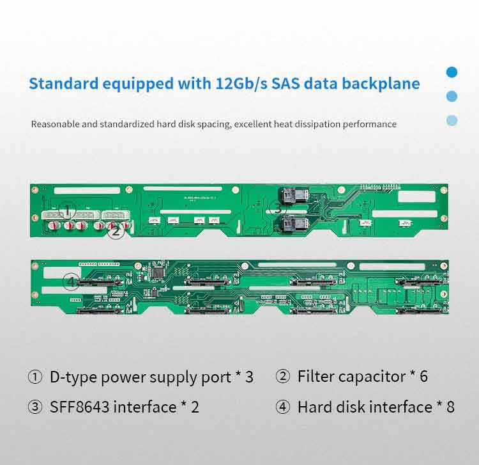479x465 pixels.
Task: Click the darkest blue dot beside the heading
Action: tap(452, 72)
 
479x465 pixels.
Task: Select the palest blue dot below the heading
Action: tap(452, 120)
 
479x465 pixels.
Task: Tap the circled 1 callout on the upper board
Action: tap(68, 210)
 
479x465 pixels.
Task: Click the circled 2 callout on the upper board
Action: tap(116, 231)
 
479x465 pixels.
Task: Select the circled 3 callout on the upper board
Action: tap(277, 208)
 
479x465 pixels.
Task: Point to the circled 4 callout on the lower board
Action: tap(71, 281)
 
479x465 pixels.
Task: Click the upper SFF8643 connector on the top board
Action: tap(294, 195)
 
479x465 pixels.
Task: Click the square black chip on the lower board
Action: tap(159, 272)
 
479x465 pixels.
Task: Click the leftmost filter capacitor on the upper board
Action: tap(53, 226)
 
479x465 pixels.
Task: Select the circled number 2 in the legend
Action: tap(282, 376)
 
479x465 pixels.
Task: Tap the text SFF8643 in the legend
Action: tap(79, 407)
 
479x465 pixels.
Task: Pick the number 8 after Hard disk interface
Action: tap(451, 407)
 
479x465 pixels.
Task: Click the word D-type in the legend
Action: tap(73, 377)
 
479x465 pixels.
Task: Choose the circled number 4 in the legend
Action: tap(282, 407)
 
